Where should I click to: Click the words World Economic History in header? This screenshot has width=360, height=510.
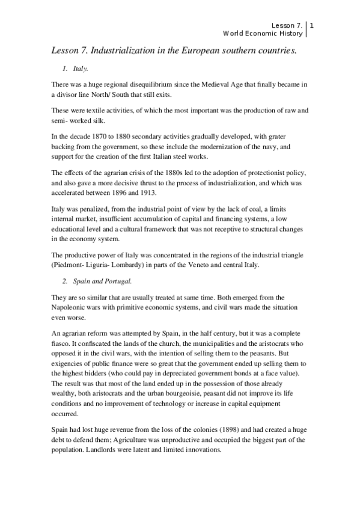click(262, 33)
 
